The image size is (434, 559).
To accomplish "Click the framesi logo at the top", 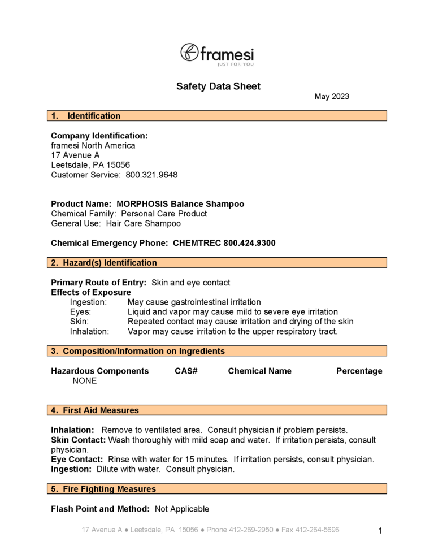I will pyautogui.click(x=217, y=54).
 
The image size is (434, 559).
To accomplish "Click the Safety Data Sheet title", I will pyautogui.click(x=218, y=86).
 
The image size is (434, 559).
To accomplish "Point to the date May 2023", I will pyautogui.click(x=332, y=97).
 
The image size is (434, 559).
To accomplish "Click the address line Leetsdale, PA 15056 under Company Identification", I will pyautogui.click(x=90, y=165).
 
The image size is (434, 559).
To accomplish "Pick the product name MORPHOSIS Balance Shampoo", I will pyautogui.click(x=180, y=204).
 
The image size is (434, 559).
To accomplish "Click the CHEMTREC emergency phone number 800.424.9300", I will pyautogui.click(x=249, y=244).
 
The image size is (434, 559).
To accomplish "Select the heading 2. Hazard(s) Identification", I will pyautogui.click(x=104, y=263).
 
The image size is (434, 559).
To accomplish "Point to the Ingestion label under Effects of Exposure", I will pyautogui.click(x=88, y=302).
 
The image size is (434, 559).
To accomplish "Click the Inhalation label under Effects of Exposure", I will pyautogui.click(x=89, y=332).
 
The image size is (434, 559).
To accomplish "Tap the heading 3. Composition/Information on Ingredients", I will pyautogui.click(x=138, y=351).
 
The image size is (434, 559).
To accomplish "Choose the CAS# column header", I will pyautogui.click(x=186, y=371).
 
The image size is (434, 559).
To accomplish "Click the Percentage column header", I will pyautogui.click(x=359, y=371).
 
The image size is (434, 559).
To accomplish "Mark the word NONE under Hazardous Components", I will pyautogui.click(x=85, y=381).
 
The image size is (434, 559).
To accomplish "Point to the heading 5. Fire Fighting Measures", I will pyautogui.click(x=103, y=489).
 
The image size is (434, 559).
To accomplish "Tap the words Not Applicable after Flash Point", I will pyautogui.click(x=181, y=509).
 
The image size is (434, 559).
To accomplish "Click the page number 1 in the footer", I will pyautogui.click(x=380, y=531).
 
